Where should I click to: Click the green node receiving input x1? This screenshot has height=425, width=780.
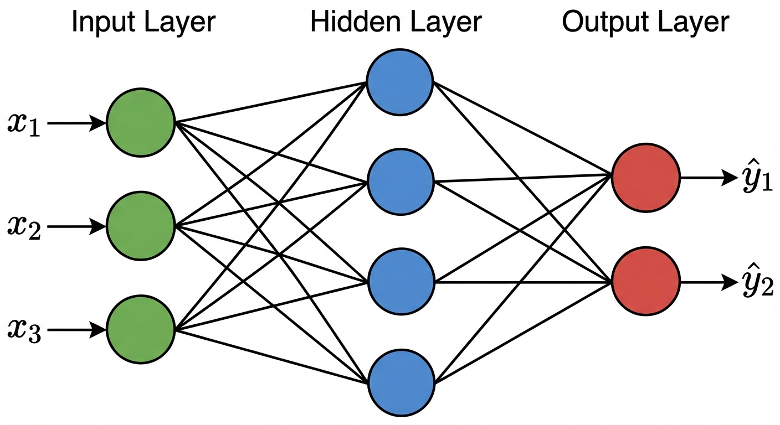141,123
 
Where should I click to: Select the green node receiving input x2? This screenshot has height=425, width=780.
141,226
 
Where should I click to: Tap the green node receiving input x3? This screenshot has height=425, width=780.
141,330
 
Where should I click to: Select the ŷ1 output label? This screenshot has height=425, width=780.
757,178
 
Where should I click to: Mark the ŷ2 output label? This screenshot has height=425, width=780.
757,282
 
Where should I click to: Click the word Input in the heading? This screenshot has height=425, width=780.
101,23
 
